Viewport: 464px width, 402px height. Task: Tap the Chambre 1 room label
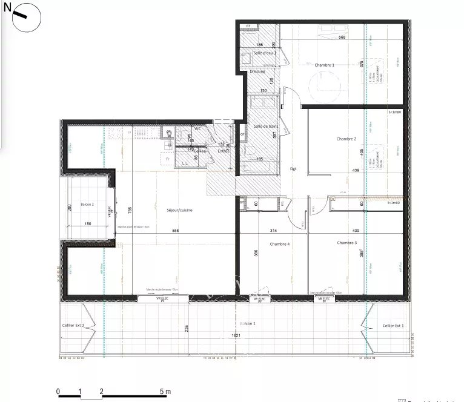click(324, 65)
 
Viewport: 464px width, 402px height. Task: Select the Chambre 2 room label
click(346, 139)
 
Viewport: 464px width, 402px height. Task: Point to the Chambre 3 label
click(347, 243)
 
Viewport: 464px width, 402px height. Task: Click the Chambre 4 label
click(280, 244)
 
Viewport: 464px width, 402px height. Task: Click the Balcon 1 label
click(247, 324)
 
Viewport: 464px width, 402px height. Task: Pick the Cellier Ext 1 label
click(393, 326)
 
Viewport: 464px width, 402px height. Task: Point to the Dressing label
click(257, 71)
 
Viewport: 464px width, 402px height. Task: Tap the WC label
click(197, 128)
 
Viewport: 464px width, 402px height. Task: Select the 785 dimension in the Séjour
click(130, 210)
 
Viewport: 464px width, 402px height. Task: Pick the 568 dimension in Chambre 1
click(342, 38)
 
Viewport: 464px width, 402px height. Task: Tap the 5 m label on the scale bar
click(165, 392)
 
